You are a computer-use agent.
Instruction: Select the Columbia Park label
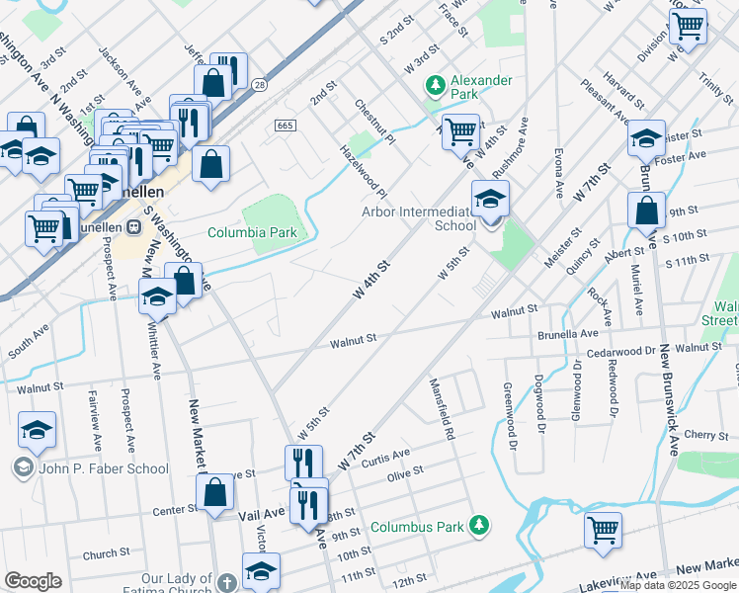(252, 233)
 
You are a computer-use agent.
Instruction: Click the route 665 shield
(286, 126)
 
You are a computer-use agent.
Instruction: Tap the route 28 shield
(258, 87)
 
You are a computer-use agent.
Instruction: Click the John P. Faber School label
(104, 468)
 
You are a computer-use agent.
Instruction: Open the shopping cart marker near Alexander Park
(460, 131)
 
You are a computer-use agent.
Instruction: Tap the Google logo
(33, 581)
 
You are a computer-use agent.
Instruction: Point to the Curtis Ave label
(385, 457)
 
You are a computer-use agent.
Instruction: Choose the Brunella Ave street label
(568, 335)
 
